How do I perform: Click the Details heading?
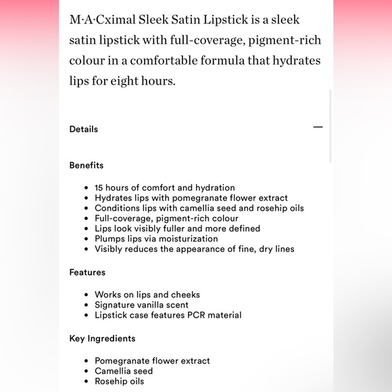(x=83, y=129)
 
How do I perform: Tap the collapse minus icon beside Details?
(x=318, y=127)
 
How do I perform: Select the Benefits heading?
(x=86, y=165)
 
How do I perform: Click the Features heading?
(x=87, y=272)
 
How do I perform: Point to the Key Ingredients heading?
(x=102, y=339)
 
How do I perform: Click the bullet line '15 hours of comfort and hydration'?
(x=164, y=188)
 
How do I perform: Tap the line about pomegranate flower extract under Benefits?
(x=191, y=198)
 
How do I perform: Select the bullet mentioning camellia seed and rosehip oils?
(x=199, y=208)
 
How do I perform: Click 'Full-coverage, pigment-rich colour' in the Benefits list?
(x=166, y=218)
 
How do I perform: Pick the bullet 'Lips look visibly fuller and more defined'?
(x=177, y=228)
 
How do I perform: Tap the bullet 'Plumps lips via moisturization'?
(x=156, y=239)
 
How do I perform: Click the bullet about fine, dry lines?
(x=194, y=249)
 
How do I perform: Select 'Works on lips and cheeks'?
(x=147, y=295)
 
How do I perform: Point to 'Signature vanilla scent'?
(x=141, y=305)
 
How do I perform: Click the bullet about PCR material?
(x=168, y=315)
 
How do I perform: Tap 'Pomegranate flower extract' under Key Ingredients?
(x=152, y=361)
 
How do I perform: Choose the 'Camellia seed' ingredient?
(x=124, y=371)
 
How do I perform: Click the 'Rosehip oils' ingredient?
(x=119, y=381)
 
